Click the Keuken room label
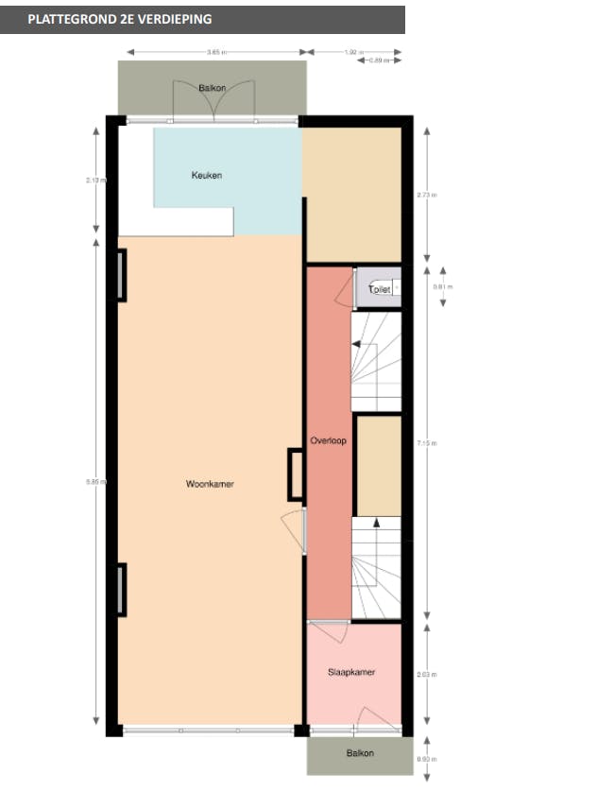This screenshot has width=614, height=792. tap(206, 175)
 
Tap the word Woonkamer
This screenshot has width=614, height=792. tap(210, 484)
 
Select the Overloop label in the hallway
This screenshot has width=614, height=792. tap(329, 441)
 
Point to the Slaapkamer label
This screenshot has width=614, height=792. tap(351, 672)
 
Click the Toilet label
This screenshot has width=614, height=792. tap(380, 289)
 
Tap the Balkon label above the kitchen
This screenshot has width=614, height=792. tap(212, 88)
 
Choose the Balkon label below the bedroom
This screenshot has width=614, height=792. tap(358, 753)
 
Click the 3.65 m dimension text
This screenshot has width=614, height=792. tap(220, 52)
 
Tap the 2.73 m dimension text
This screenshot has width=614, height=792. tap(434, 196)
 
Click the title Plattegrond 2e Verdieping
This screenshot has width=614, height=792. tap(120, 19)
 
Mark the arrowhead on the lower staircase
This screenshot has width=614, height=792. tap(376, 522)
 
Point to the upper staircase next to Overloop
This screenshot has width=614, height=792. tap(376, 361)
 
